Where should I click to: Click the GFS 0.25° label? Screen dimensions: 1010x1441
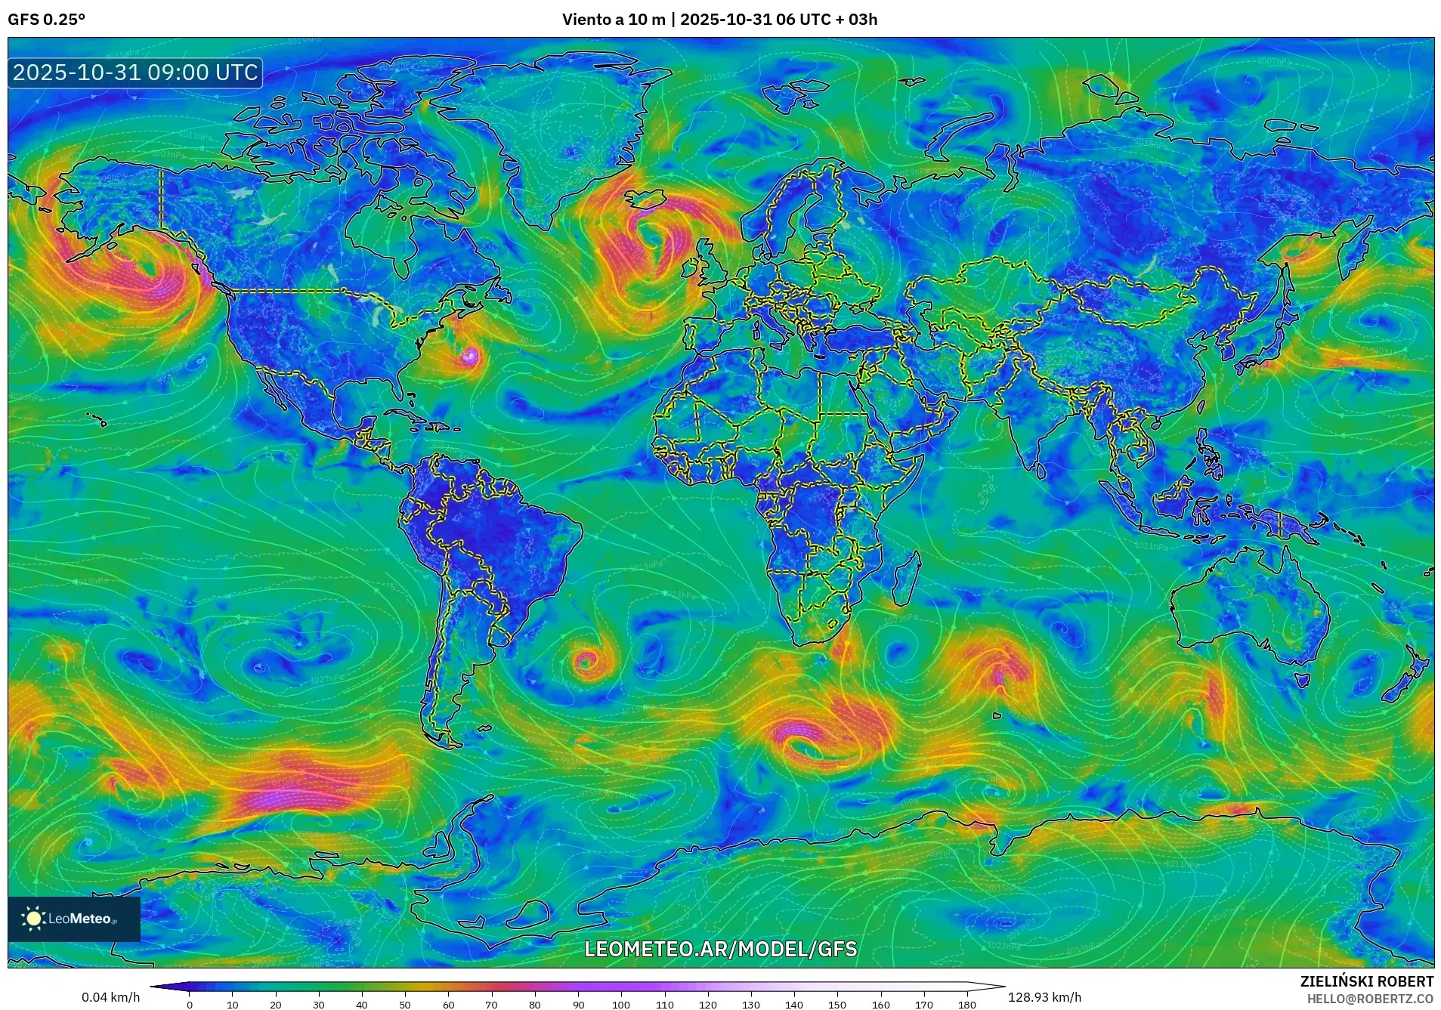pyautogui.click(x=46, y=20)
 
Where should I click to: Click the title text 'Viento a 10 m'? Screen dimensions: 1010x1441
pyautogui.click(x=613, y=20)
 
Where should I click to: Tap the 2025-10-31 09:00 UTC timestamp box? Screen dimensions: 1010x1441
pyautogui.click(x=135, y=73)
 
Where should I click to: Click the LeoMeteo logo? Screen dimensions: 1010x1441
pyautogui.click(x=73, y=919)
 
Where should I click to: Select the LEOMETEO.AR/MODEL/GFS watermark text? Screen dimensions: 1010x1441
pyautogui.click(x=720, y=949)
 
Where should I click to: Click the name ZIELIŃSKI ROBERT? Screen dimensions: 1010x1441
pyautogui.click(x=1366, y=981)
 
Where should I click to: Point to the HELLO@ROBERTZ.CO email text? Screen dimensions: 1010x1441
pyautogui.click(x=1370, y=999)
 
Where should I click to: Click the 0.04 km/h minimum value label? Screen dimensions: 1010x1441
pyautogui.click(x=110, y=997)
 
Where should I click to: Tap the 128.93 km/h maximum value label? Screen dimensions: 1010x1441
pyautogui.click(x=1044, y=997)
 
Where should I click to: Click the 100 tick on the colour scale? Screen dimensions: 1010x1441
pyautogui.click(x=621, y=1005)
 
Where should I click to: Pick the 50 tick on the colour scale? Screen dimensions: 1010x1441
pyautogui.click(x=405, y=1005)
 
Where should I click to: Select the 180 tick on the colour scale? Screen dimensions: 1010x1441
pyautogui.click(x=966, y=1005)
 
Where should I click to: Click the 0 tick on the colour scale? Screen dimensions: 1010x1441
pyautogui.click(x=190, y=1005)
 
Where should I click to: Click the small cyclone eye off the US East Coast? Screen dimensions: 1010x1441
pyautogui.click(x=470, y=355)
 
